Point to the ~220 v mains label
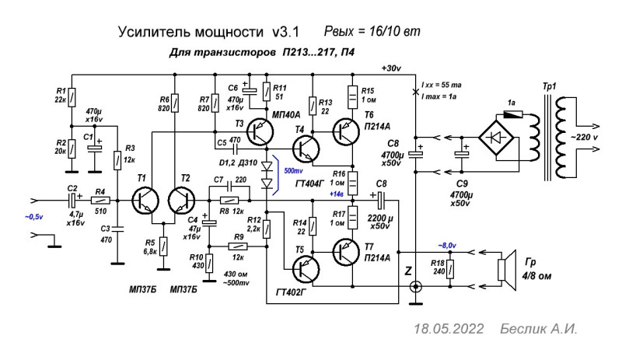(594, 137)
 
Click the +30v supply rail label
(390, 68)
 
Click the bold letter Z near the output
(408, 271)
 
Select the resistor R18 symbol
(451, 271)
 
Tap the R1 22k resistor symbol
(72, 96)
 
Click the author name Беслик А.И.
(539, 329)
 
